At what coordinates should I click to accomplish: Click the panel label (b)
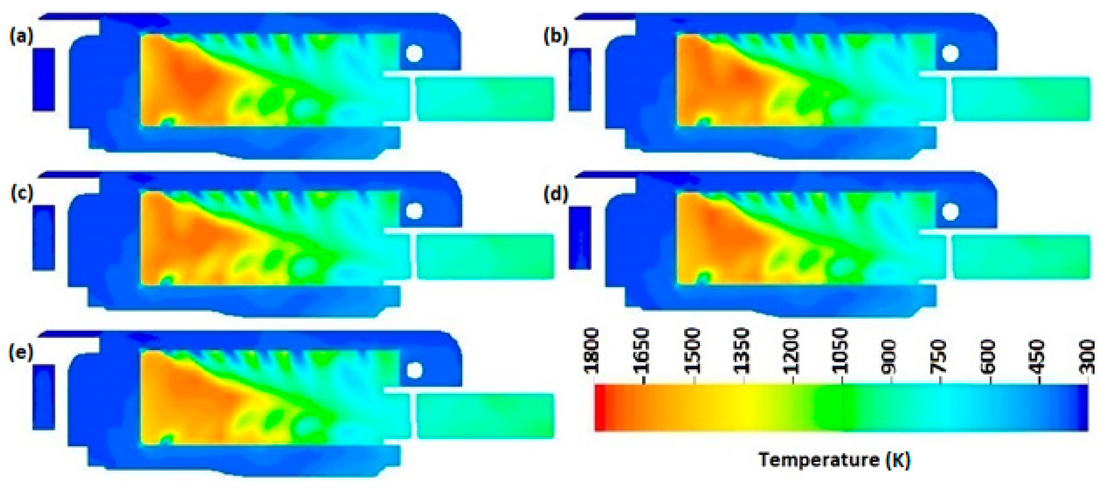point(556,37)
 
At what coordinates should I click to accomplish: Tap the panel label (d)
point(556,195)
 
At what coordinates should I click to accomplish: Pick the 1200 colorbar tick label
point(792,351)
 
